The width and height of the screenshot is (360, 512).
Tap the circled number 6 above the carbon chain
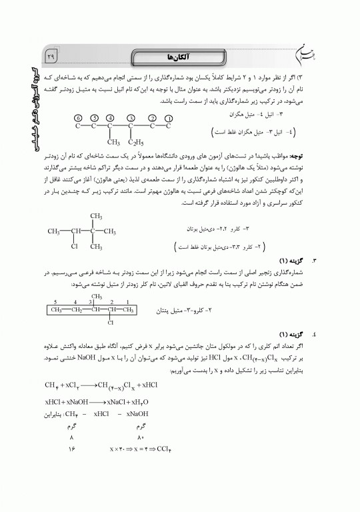coord(78,117)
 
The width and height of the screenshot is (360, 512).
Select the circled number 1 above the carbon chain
coord(169,117)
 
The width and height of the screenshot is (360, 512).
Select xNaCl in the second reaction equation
coord(111,402)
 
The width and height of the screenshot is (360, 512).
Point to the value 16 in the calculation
coord(71,450)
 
